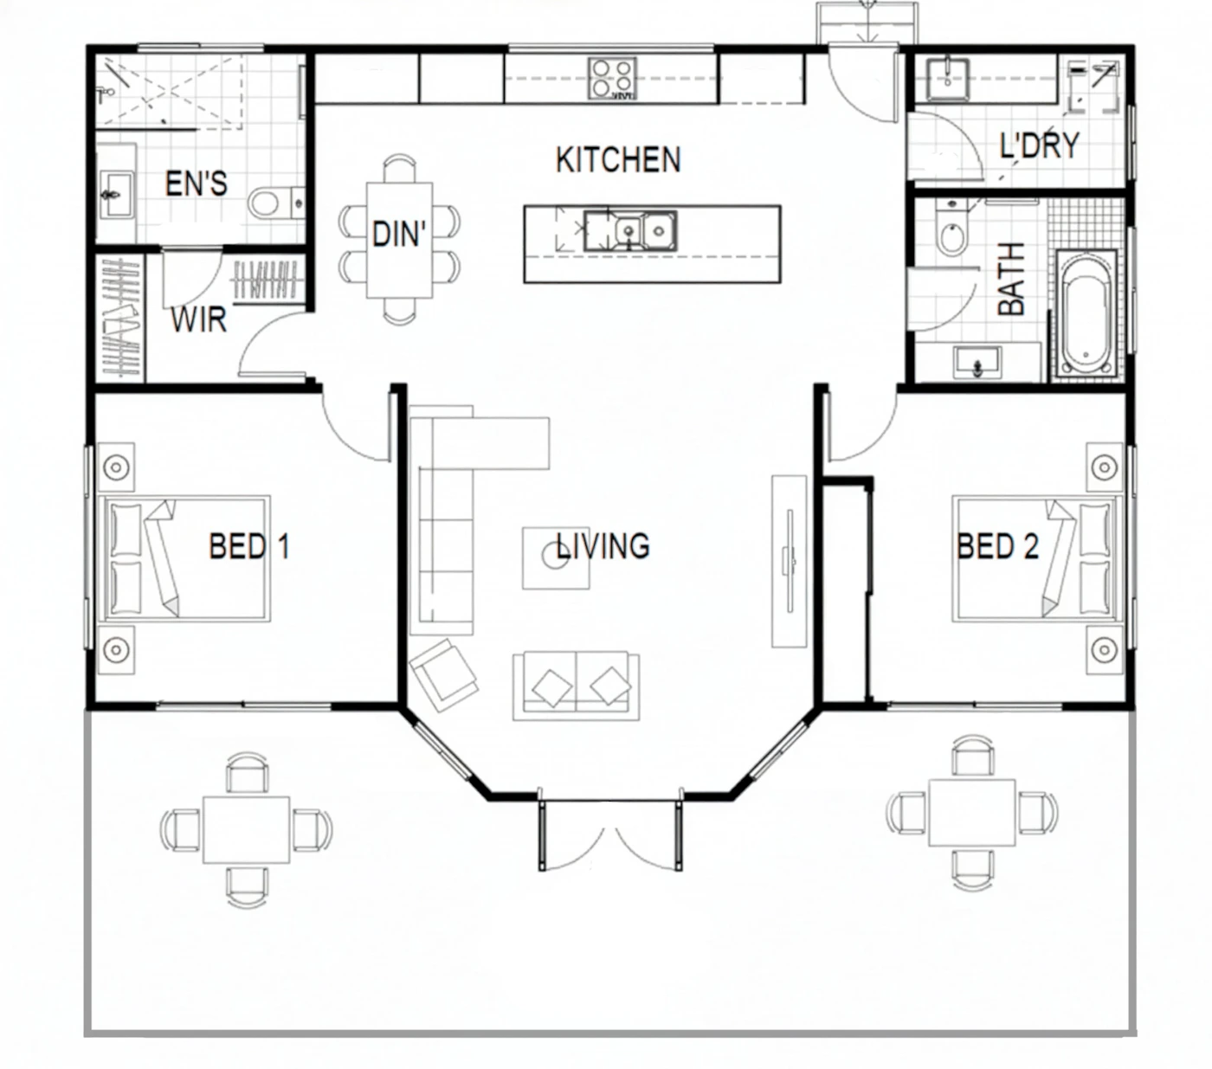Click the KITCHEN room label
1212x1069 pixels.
tap(618, 160)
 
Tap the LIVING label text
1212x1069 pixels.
tap(603, 545)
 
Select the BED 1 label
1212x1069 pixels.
tap(249, 546)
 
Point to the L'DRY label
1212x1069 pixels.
tap(1040, 145)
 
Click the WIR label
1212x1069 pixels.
tap(198, 319)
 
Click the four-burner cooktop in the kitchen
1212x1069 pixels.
tap(611, 79)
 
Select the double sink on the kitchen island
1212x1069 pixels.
tap(630, 230)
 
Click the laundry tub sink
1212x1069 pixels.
tap(949, 79)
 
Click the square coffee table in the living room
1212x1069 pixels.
tap(556, 557)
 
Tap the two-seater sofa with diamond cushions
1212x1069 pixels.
tap(576, 686)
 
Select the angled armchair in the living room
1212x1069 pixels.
tap(443, 675)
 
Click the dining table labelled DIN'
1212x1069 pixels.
tap(400, 240)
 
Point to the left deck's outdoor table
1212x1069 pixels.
tap(247, 829)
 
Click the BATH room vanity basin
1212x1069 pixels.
tap(977, 362)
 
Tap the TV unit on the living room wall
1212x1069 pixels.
tap(789, 561)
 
